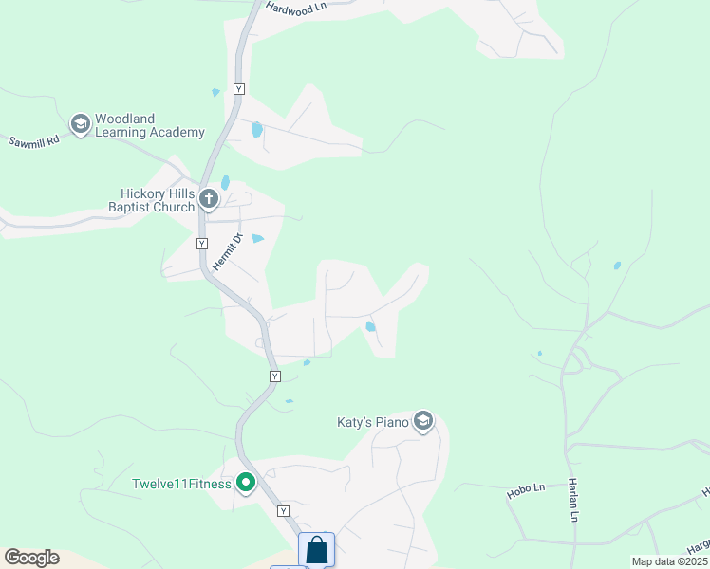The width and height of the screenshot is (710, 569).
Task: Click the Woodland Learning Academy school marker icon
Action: pos(81,124)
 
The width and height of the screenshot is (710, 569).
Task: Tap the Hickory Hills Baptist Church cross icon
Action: pos(209,199)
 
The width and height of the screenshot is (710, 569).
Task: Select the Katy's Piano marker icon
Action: pos(423,421)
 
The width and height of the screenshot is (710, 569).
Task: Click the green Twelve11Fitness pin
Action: pos(246,484)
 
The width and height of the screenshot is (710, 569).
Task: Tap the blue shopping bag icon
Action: pos(316,551)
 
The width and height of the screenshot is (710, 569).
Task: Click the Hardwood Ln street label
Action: pos(296,7)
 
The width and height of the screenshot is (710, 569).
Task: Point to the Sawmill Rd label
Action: pos(34,140)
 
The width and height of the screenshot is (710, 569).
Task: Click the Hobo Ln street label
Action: pos(525,488)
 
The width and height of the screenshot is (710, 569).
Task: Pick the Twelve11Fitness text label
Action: pos(181,484)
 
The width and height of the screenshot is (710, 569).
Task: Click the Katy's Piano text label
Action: pos(372,422)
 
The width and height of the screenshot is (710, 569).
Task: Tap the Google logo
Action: pos(31,558)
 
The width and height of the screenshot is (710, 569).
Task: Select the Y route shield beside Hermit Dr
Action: pos(201,244)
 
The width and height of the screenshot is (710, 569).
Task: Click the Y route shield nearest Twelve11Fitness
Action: pos(282,510)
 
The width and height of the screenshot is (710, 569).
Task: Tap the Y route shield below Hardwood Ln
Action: pos(238,88)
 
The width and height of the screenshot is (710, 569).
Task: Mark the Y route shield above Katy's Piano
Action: pos(274,376)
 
